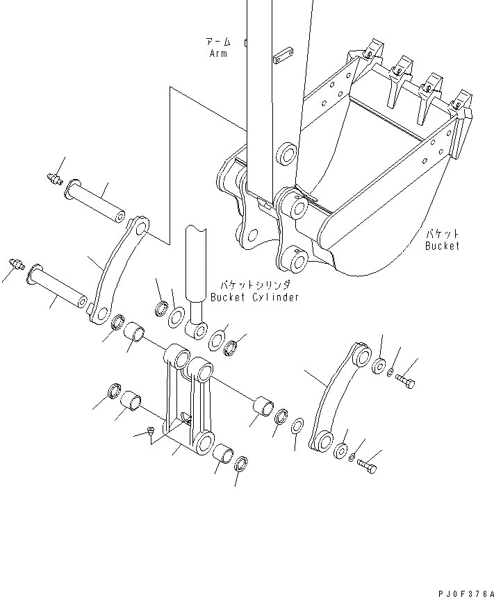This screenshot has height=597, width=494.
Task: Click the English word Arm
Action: click(217, 53)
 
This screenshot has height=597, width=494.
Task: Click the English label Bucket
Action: click(443, 246)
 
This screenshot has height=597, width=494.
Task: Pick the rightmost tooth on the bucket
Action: click(461, 102)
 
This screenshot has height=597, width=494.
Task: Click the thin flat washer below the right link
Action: click(297, 424)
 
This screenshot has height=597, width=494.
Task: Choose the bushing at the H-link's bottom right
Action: click(223, 453)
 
